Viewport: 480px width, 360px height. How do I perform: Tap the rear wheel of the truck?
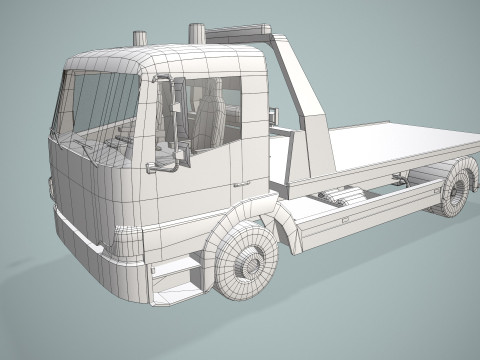(455, 191)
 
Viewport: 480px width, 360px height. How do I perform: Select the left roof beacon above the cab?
(139, 39)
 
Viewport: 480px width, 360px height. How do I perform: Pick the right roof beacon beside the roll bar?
(197, 33)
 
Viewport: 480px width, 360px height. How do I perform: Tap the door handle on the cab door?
(241, 184)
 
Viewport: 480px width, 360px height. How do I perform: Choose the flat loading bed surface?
(400, 140)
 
